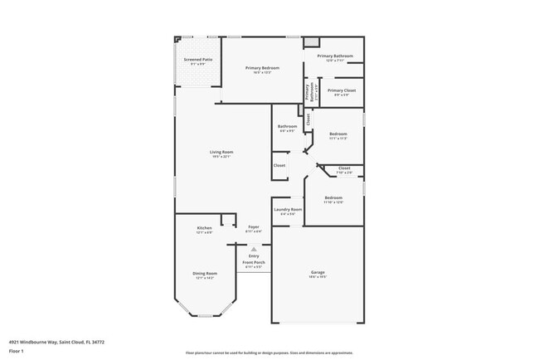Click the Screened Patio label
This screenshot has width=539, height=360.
(197, 60)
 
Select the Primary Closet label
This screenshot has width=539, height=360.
(341, 90)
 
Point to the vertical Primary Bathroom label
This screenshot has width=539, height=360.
(308, 94)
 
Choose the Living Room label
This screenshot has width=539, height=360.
(221, 152)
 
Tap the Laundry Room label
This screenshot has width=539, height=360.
(288, 210)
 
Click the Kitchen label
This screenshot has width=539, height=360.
(204, 228)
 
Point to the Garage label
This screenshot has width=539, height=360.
(317, 273)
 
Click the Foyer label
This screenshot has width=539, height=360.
(254, 227)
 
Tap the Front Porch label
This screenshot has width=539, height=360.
(254, 263)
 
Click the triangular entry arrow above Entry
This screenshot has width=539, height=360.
(254, 248)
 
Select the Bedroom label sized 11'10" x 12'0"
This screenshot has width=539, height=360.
(333, 197)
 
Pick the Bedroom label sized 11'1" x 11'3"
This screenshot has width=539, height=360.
(337, 134)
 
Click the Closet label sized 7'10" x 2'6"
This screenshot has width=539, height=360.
(344, 168)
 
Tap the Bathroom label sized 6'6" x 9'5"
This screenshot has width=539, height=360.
(288, 127)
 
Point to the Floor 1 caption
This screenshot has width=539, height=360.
(17, 352)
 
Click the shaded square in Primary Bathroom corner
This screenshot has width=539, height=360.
(310, 41)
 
